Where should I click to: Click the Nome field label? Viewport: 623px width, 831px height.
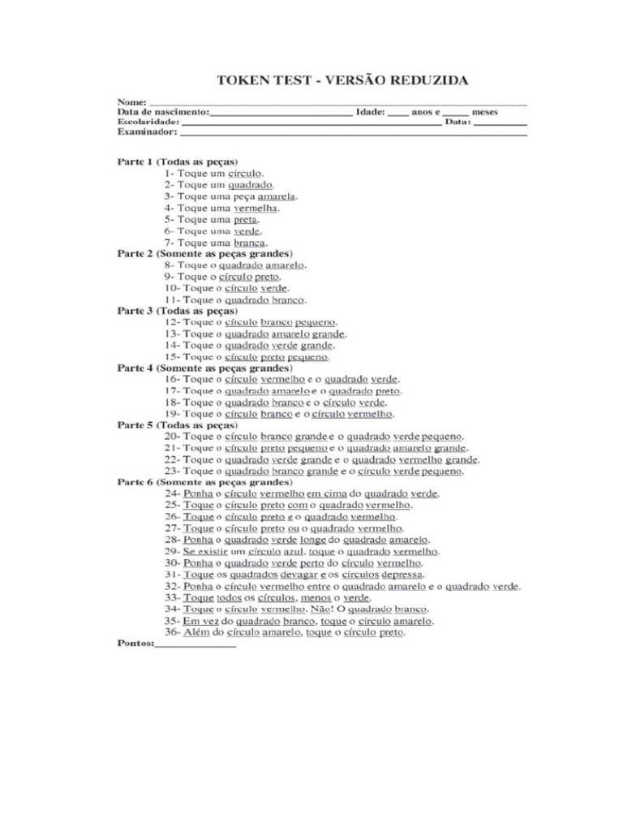pos(131,101)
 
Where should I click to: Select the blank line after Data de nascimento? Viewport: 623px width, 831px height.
pos(281,112)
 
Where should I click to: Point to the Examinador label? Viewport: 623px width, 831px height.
pos(147,131)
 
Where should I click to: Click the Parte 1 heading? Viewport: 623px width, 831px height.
pos(177,161)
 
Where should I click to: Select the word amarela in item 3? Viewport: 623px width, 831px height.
pos(277,196)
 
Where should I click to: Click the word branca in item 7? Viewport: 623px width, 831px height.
pos(250,242)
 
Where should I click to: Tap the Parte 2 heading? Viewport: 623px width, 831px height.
pos(204,253)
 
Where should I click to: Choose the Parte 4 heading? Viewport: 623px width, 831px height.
pos(204,368)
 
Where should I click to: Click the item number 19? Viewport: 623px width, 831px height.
pos(171,414)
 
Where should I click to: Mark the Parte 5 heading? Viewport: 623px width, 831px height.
pos(177,424)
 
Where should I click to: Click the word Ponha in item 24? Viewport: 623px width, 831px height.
pos(199,493)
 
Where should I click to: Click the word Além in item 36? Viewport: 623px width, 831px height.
pos(196,632)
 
